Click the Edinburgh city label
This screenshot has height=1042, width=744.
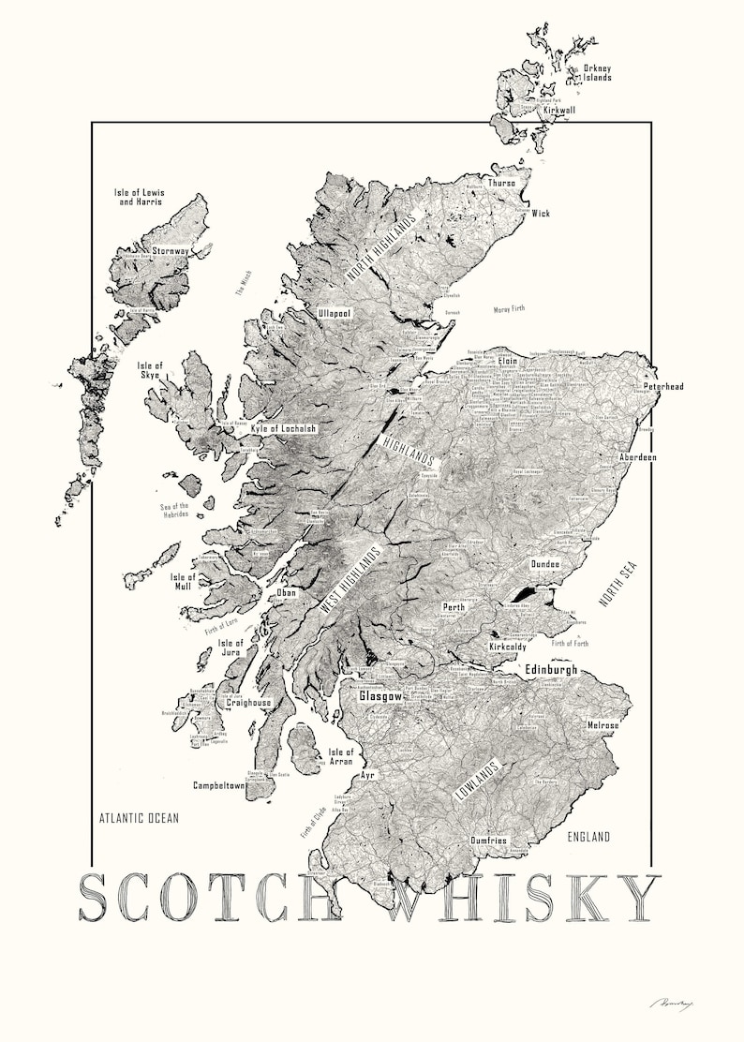coord(551,671)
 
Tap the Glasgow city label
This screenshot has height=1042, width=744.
coord(380,696)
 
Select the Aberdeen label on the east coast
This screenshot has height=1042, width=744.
coord(635,457)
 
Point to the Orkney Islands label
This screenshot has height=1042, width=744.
coord(597,72)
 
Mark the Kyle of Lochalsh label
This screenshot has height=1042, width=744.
coord(284,428)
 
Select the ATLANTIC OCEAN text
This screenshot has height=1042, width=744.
coord(140,818)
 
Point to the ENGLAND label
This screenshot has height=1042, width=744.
coord(588,837)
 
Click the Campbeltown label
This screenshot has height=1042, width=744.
coord(219,785)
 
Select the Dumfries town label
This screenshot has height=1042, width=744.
coord(489,841)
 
